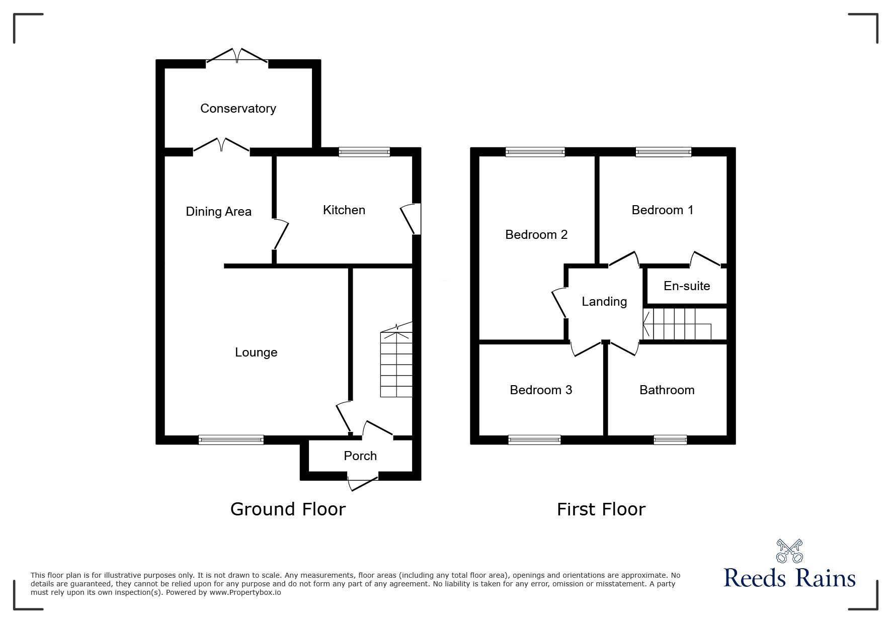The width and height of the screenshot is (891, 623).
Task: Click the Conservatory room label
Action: [x=238, y=109]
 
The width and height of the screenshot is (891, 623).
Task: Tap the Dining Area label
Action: [x=218, y=212]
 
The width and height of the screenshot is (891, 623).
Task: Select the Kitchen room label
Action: [x=344, y=210]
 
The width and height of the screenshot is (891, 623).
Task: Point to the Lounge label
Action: [x=256, y=352]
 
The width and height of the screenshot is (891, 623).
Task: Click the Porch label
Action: [x=360, y=456]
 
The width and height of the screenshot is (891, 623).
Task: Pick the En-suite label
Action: [x=687, y=286]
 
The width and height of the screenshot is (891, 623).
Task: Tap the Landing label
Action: [x=604, y=302]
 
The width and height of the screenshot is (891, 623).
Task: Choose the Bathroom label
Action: [x=667, y=390]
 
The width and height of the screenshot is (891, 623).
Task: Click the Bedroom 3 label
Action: [x=541, y=390]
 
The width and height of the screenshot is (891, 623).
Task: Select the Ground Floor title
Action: [x=288, y=509]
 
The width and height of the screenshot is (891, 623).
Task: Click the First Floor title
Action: [x=601, y=509]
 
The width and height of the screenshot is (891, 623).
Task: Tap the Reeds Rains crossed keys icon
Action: [x=789, y=552]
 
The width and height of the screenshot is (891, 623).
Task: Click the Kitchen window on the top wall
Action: [x=364, y=152]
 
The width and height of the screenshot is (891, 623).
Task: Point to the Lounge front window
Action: [x=231, y=440]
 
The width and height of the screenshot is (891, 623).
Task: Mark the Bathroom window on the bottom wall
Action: [x=670, y=440]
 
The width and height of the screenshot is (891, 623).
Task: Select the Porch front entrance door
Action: [x=363, y=482]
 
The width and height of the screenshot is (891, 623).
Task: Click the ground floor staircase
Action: [x=396, y=362]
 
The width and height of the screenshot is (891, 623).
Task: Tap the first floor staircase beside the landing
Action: [x=677, y=324]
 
